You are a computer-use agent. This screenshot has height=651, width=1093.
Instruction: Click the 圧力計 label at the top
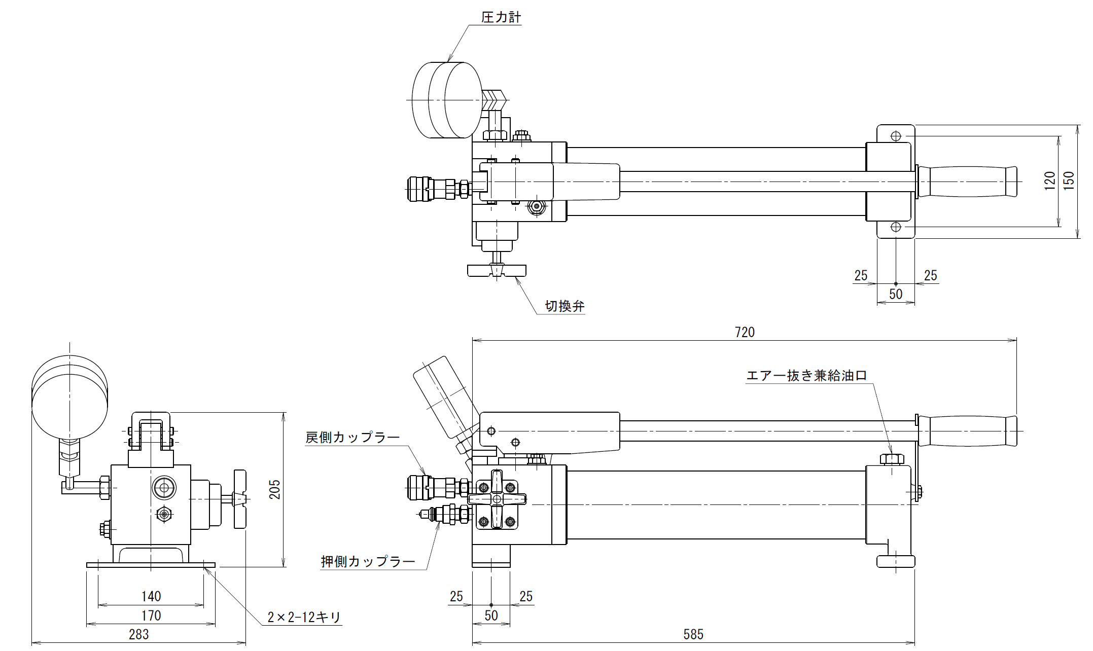(x=501, y=17)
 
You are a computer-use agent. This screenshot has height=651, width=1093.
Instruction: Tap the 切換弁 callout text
(x=565, y=306)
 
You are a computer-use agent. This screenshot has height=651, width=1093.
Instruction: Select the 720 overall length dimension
(x=744, y=332)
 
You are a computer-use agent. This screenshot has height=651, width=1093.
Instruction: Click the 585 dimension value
(x=693, y=634)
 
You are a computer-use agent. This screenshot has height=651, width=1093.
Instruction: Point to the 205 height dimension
(x=274, y=489)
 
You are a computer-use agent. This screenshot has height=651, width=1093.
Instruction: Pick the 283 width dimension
(x=138, y=634)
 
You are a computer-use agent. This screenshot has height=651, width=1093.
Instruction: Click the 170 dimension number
(x=151, y=616)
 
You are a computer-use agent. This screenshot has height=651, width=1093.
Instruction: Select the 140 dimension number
(x=151, y=596)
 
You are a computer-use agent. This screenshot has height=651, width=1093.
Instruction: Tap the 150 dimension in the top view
(x=1069, y=181)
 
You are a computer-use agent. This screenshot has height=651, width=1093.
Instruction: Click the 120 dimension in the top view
(x=1049, y=181)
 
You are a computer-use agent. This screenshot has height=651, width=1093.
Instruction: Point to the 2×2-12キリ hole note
(x=304, y=617)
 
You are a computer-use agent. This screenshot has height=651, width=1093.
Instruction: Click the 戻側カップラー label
(x=352, y=437)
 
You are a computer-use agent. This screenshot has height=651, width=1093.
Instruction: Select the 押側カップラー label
(x=368, y=561)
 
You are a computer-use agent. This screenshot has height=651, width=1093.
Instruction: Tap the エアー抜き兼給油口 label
(x=806, y=375)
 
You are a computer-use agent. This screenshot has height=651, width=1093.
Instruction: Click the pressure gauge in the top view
(x=447, y=100)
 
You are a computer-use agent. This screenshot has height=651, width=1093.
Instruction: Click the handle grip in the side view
(x=968, y=431)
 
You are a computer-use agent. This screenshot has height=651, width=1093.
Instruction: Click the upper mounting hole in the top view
(x=896, y=136)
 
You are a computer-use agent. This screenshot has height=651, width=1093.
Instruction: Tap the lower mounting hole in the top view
(x=896, y=227)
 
